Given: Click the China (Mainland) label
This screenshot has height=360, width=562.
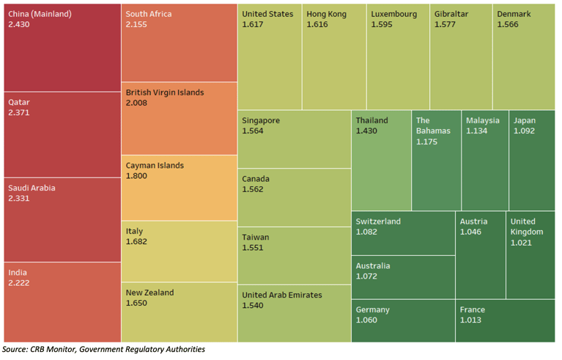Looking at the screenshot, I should tap(40, 14).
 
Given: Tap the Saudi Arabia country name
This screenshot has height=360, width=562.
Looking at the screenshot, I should tap(32, 188).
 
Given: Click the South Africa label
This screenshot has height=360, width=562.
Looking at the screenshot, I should tap(149, 14).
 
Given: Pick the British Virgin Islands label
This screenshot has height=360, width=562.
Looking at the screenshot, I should tap(165, 92).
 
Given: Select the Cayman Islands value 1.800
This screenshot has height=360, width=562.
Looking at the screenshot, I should tap(137, 176).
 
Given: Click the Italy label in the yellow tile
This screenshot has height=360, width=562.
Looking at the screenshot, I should tap(134, 231).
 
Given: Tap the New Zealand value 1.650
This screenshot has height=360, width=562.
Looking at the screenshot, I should tap(137, 303).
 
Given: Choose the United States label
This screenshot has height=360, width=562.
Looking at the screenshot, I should tap(267, 14).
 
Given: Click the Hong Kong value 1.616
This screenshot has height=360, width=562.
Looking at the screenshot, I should tap(318, 25).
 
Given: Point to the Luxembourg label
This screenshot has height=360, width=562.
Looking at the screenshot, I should tap(393, 14).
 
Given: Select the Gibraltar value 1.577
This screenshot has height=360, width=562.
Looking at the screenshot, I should tap(445, 25).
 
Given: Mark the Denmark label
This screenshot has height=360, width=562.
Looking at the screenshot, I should tap(514, 14).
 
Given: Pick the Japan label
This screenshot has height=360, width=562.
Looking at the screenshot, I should tap(525, 120).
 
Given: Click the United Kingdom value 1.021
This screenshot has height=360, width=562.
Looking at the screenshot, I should tap(522, 243).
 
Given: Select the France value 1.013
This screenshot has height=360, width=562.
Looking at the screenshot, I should tap(471, 320).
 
